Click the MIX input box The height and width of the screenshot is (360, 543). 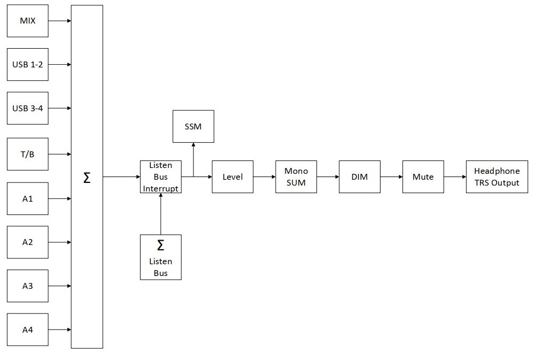point(28,21)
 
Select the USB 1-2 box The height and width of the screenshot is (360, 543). point(28,64)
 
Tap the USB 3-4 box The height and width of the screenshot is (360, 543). point(28,108)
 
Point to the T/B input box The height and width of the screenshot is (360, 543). point(28,154)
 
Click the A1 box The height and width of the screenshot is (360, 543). point(28,198)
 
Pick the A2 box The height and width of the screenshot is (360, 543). point(28,242)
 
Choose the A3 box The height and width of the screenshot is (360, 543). point(28,286)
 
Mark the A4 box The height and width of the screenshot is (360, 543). point(28,330)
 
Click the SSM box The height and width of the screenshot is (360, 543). point(193,126)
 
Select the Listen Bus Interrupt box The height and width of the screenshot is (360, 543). point(161,177)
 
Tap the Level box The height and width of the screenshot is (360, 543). point(232,177)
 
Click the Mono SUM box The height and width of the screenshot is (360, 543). point(296,177)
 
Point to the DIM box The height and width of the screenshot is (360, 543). point(360,177)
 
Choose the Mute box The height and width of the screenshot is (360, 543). point(423,177)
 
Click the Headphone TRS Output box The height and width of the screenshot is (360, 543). point(497,177)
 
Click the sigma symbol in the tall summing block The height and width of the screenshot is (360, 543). point(87,178)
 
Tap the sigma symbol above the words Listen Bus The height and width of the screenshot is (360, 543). point(161,246)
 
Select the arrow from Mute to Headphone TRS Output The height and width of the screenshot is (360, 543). point(455,177)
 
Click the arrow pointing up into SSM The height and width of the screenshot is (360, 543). point(193,160)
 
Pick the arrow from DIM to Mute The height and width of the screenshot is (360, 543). point(391,177)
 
